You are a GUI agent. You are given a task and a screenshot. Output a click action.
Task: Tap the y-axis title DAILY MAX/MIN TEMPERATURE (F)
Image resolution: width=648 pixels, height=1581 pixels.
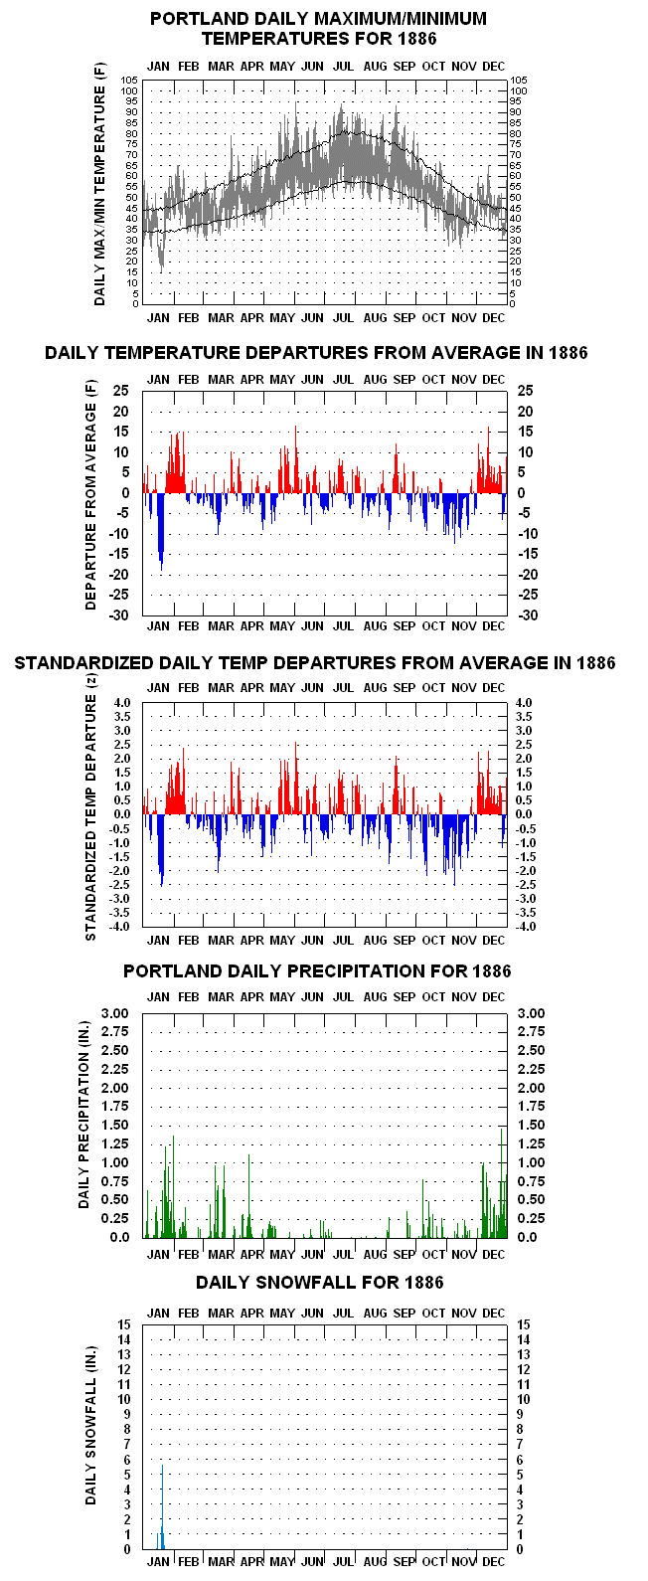pos(99,184)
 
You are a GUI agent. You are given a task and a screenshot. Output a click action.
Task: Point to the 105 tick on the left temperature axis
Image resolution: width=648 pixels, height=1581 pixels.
pos(130,81)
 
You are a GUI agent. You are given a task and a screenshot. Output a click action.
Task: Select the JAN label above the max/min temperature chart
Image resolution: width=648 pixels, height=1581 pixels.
pos(158,67)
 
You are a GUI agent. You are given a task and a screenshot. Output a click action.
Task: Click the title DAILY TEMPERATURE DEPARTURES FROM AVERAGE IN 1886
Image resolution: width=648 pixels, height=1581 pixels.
pos(316,353)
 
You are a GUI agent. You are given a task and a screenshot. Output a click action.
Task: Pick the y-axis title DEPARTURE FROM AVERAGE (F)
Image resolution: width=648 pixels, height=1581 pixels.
pos(90,495)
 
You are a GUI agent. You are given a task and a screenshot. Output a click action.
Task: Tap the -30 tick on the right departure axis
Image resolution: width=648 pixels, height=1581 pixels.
pos(528,615)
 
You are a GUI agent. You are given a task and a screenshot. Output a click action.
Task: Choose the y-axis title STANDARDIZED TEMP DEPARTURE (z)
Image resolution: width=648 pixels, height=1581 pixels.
pos(90,807)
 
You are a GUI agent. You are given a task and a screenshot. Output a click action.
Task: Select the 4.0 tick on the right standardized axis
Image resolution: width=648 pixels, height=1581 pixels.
pos(523,703)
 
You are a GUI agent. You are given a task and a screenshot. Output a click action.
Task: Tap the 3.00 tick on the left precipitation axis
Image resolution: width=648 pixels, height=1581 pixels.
pos(115,1013)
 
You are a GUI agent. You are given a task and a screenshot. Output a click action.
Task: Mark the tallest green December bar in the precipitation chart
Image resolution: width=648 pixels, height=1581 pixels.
pos(501,1182)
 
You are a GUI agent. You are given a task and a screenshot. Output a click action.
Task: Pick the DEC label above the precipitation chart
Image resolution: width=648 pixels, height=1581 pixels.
pos(494,996)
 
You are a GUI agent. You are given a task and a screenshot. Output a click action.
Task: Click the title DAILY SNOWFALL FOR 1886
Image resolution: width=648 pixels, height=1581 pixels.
pos(319,1283)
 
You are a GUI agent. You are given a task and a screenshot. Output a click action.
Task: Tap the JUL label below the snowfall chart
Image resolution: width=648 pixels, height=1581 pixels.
pos(344,1562)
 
